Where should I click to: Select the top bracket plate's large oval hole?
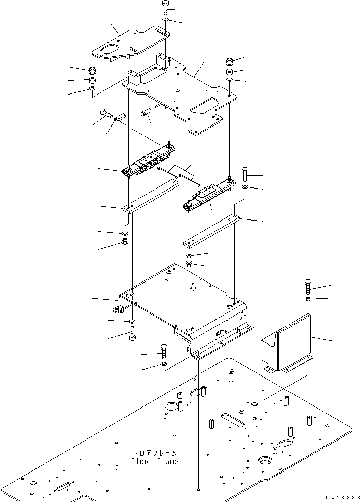[108, 50]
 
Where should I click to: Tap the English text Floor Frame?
[155, 461]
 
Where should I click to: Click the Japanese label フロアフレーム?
[155, 453]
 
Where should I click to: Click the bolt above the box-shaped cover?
[308, 287]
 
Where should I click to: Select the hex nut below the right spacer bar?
[189, 265]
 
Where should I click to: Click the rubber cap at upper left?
[93, 70]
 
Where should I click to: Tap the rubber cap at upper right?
[229, 62]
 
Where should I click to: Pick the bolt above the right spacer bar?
[245, 175]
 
